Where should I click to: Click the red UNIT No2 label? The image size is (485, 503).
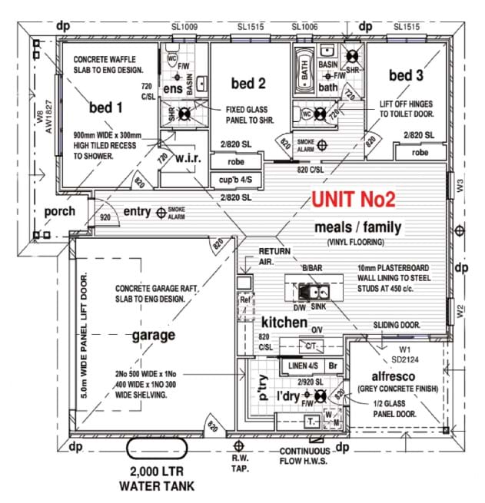coord(354,200)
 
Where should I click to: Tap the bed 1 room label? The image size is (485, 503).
coord(106,107)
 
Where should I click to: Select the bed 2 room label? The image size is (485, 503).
coord(248,83)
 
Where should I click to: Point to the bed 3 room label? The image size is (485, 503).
coord(406,75)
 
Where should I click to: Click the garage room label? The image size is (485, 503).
coord(154,335)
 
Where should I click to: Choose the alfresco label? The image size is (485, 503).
coord(394,376)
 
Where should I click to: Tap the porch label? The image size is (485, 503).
coord(60,212)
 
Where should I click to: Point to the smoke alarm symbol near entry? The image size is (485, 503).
coord(161,211)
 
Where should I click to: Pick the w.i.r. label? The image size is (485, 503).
coord(188,158)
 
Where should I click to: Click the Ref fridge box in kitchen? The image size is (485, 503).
coord(245,301)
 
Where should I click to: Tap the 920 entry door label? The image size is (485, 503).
coord(105,218)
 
